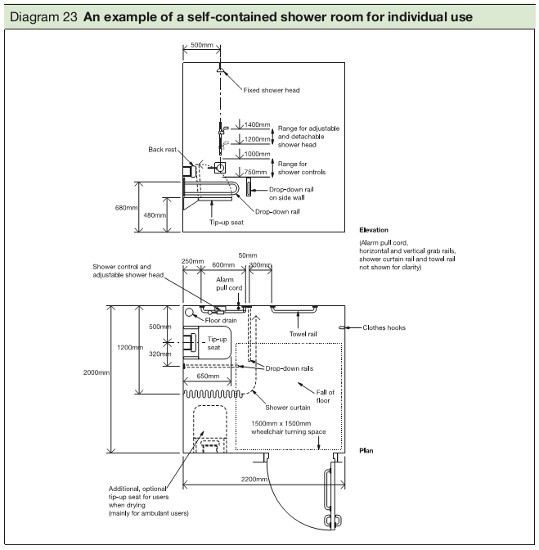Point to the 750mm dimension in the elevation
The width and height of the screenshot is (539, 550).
(257, 172)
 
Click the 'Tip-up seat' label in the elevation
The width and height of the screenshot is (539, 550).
(226, 222)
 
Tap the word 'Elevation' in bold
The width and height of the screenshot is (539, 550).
(374, 230)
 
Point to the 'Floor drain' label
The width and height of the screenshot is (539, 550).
(221, 321)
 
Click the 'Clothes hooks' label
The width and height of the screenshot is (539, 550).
(384, 328)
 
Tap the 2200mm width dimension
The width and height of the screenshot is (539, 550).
(255, 479)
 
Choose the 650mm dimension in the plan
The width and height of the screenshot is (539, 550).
(207, 378)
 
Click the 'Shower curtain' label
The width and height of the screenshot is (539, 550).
(286, 407)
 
